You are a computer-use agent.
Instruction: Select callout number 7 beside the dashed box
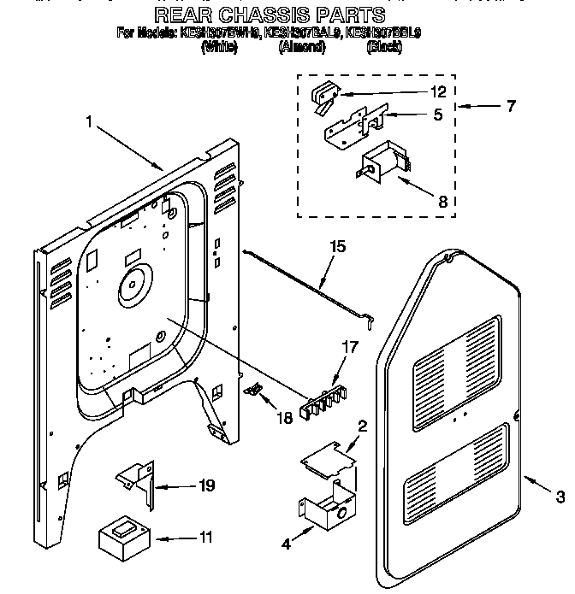(511, 107)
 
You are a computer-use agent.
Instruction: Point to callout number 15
(337, 247)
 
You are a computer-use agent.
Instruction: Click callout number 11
(205, 538)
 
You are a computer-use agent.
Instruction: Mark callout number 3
(560, 495)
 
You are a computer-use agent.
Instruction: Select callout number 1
(88, 122)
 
